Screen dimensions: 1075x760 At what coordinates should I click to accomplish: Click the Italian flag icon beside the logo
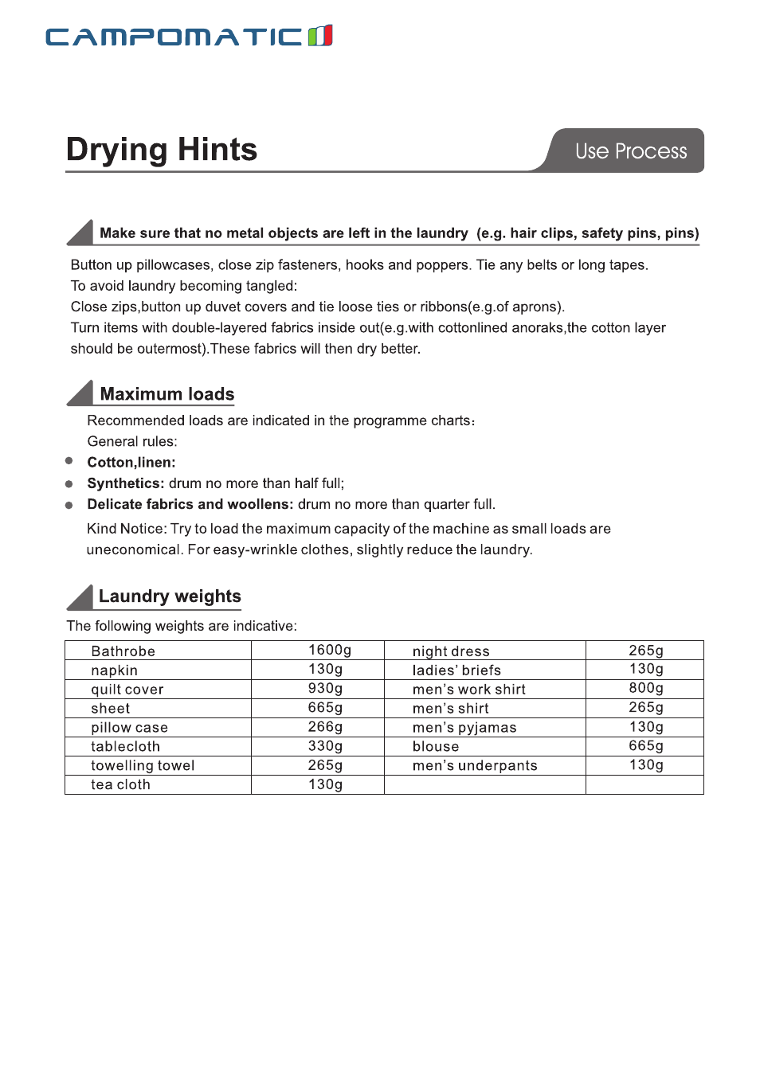[320, 35]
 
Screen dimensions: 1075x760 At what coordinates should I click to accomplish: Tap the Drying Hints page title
[162, 150]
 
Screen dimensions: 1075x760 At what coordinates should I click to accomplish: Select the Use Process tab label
[630, 151]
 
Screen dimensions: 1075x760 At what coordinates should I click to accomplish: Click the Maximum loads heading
[167, 394]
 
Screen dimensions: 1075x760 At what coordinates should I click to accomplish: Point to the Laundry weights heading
[170, 596]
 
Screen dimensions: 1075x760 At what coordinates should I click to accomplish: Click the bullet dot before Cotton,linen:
[69, 461]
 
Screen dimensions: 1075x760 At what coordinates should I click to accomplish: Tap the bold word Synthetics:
[126, 483]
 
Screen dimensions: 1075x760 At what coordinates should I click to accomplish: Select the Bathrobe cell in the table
[123, 651]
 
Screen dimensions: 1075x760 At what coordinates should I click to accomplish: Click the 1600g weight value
[330, 651]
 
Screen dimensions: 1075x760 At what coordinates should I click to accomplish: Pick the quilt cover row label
[127, 690]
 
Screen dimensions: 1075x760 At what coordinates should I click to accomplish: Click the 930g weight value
[325, 689]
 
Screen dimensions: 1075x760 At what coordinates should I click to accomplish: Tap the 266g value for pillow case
[325, 727]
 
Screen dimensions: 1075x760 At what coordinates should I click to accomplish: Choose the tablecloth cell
[126, 747]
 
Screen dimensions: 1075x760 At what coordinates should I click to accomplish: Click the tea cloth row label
[120, 785]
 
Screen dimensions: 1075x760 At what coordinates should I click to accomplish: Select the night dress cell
[451, 651]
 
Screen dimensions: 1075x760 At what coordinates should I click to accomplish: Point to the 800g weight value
[646, 689]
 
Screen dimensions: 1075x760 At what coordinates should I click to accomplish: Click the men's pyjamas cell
[464, 728]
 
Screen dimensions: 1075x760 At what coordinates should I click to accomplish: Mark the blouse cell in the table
[436, 747]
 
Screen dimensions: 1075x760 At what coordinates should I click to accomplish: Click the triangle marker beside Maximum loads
[81, 393]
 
